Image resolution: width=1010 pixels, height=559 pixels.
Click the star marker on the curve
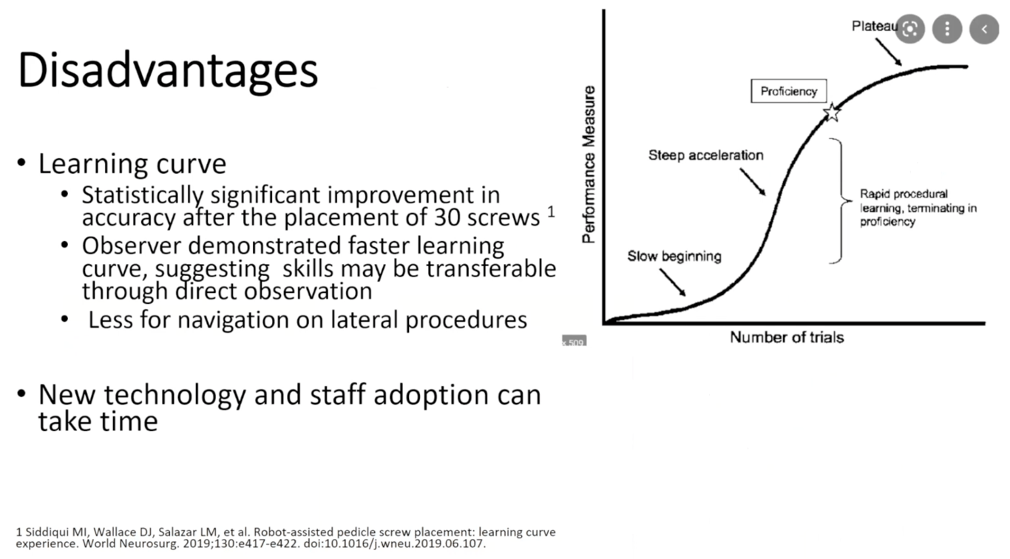[x=832, y=112]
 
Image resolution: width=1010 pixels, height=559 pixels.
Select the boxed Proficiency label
[x=789, y=91]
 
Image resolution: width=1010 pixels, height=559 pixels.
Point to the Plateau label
[x=875, y=27]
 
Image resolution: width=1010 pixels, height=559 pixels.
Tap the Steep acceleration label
[x=705, y=155]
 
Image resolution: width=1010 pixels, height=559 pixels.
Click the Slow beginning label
[x=674, y=257]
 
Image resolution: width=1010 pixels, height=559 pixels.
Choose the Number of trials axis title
[x=787, y=337]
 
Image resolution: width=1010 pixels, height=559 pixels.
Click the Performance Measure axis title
[x=589, y=165]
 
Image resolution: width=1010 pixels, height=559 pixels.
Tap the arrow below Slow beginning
[x=673, y=282]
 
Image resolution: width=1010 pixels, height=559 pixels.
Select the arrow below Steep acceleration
[x=753, y=182]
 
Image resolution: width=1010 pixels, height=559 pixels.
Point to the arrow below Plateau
[x=889, y=52]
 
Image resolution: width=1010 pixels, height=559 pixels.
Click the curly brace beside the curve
[x=841, y=200]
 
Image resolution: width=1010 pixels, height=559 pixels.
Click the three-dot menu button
[x=947, y=29]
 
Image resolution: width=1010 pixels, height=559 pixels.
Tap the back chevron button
[x=984, y=29]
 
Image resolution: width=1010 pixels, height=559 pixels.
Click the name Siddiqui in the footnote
[x=46, y=532]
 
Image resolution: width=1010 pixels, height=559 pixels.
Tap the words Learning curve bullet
[x=132, y=163]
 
